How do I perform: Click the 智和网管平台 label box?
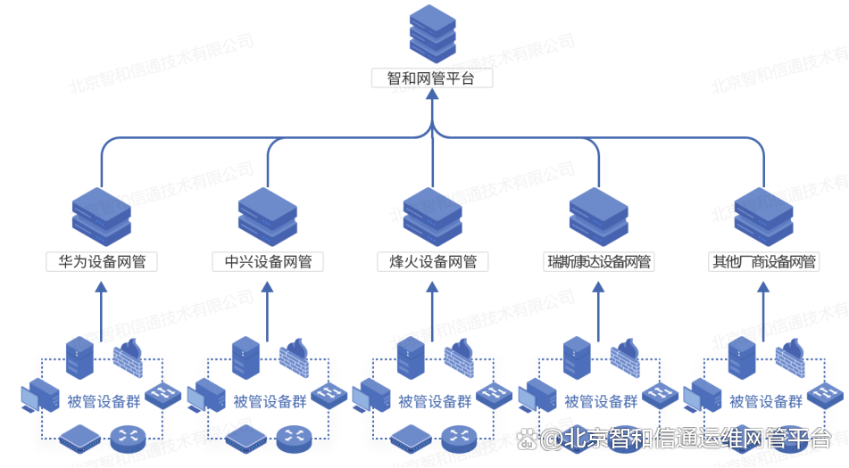431,78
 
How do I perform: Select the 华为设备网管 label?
102,261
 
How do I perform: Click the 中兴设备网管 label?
268,261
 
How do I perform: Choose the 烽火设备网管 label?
433,261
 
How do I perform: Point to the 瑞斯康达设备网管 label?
599,261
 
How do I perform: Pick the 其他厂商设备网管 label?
763,261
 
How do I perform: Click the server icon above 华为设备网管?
102,214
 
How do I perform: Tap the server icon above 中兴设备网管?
268,214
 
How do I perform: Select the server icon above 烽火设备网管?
433,214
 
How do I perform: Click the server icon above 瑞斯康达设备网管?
599,214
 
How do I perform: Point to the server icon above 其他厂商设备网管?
763,214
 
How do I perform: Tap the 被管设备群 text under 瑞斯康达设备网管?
602,401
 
